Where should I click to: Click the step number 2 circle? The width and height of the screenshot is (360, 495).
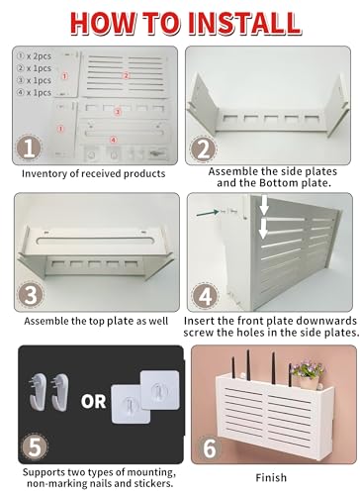click(204, 149)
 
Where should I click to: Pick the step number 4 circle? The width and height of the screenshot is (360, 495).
click(204, 294)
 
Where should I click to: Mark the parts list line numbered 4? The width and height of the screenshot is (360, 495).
click(36, 91)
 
